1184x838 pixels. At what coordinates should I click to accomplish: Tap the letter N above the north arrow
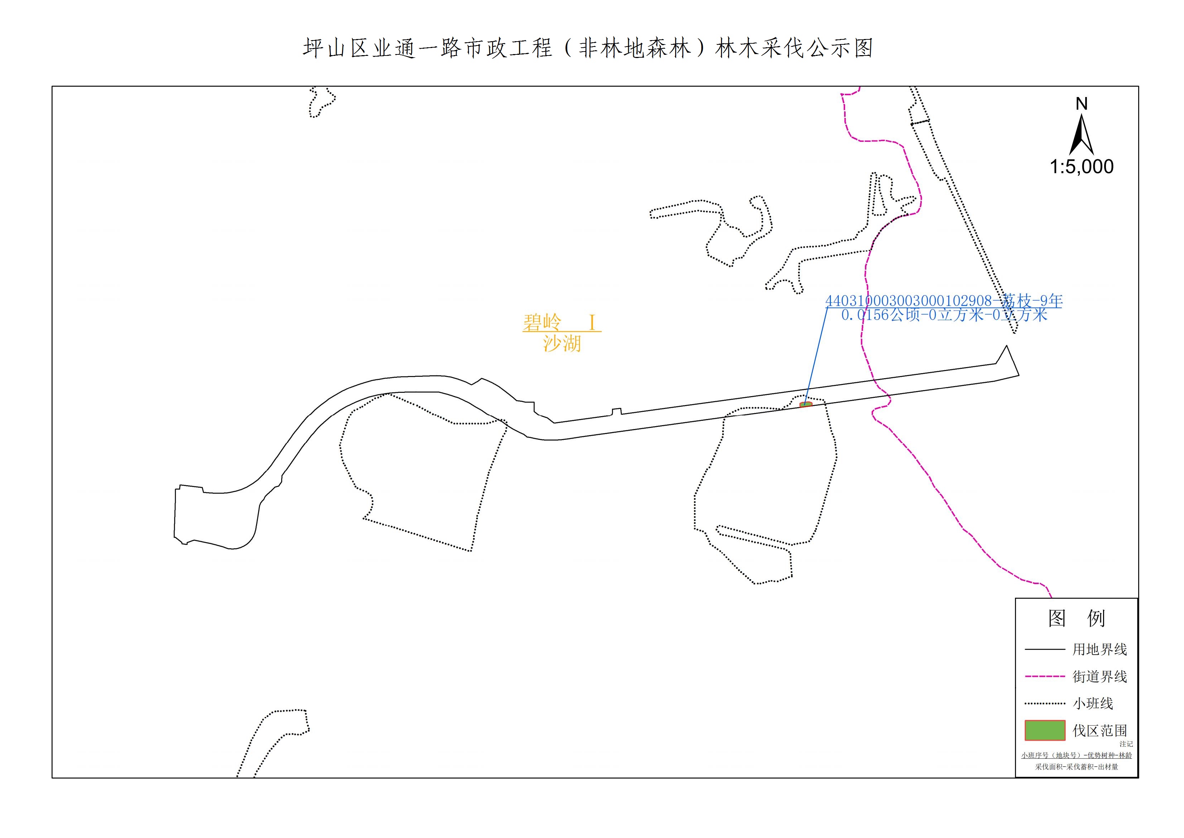coord(1081,104)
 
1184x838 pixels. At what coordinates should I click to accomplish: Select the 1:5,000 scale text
coord(1081,167)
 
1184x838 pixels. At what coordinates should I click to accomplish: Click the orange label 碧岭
coord(542,323)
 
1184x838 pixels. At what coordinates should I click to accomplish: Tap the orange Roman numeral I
coord(592,323)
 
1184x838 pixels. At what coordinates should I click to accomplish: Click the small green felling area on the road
coord(806,405)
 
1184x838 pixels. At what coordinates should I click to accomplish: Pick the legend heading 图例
coord(1076,618)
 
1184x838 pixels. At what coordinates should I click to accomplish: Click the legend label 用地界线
coord(1100,649)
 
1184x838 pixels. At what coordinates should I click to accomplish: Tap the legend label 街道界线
coord(1100,676)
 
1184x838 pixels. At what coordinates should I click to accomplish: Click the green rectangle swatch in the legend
coord(1045,730)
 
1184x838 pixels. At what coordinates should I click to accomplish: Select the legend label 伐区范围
coord(1100,730)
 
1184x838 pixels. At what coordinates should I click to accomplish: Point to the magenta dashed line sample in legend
coord(1045,676)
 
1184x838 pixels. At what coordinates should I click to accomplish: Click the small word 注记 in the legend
coord(1126,744)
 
